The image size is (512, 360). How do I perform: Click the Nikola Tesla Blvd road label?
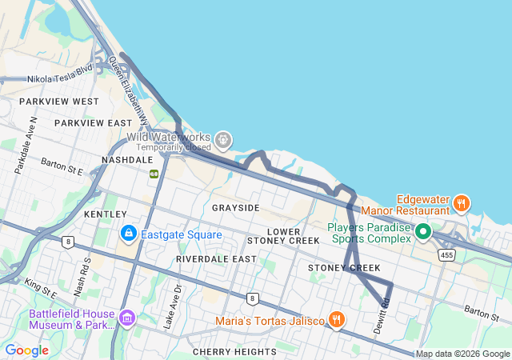click(x=60, y=79)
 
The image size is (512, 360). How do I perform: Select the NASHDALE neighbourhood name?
click(x=127, y=160)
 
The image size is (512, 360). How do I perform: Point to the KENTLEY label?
click(x=106, y=214)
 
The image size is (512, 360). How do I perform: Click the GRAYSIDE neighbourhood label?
click(x=236, y=208)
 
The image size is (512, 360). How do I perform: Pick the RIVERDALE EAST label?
click(x=217, y=259)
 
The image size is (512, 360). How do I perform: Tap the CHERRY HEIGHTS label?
click(x=234, y=351)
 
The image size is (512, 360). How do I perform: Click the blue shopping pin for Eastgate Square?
click(x=127, y=234)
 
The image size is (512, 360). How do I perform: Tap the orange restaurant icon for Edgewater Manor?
click(x=461, y=203)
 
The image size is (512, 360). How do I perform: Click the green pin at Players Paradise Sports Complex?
click(x=423, y=233)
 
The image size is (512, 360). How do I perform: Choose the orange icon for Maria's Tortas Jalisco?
click(x=336, y=320)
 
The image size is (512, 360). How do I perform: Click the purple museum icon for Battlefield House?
click(x=126, y=319)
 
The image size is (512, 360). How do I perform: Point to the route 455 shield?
click(x=446, y=254)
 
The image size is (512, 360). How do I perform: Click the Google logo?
click(x=27, y=350)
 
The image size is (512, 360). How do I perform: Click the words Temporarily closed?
click(x=174, y=148)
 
